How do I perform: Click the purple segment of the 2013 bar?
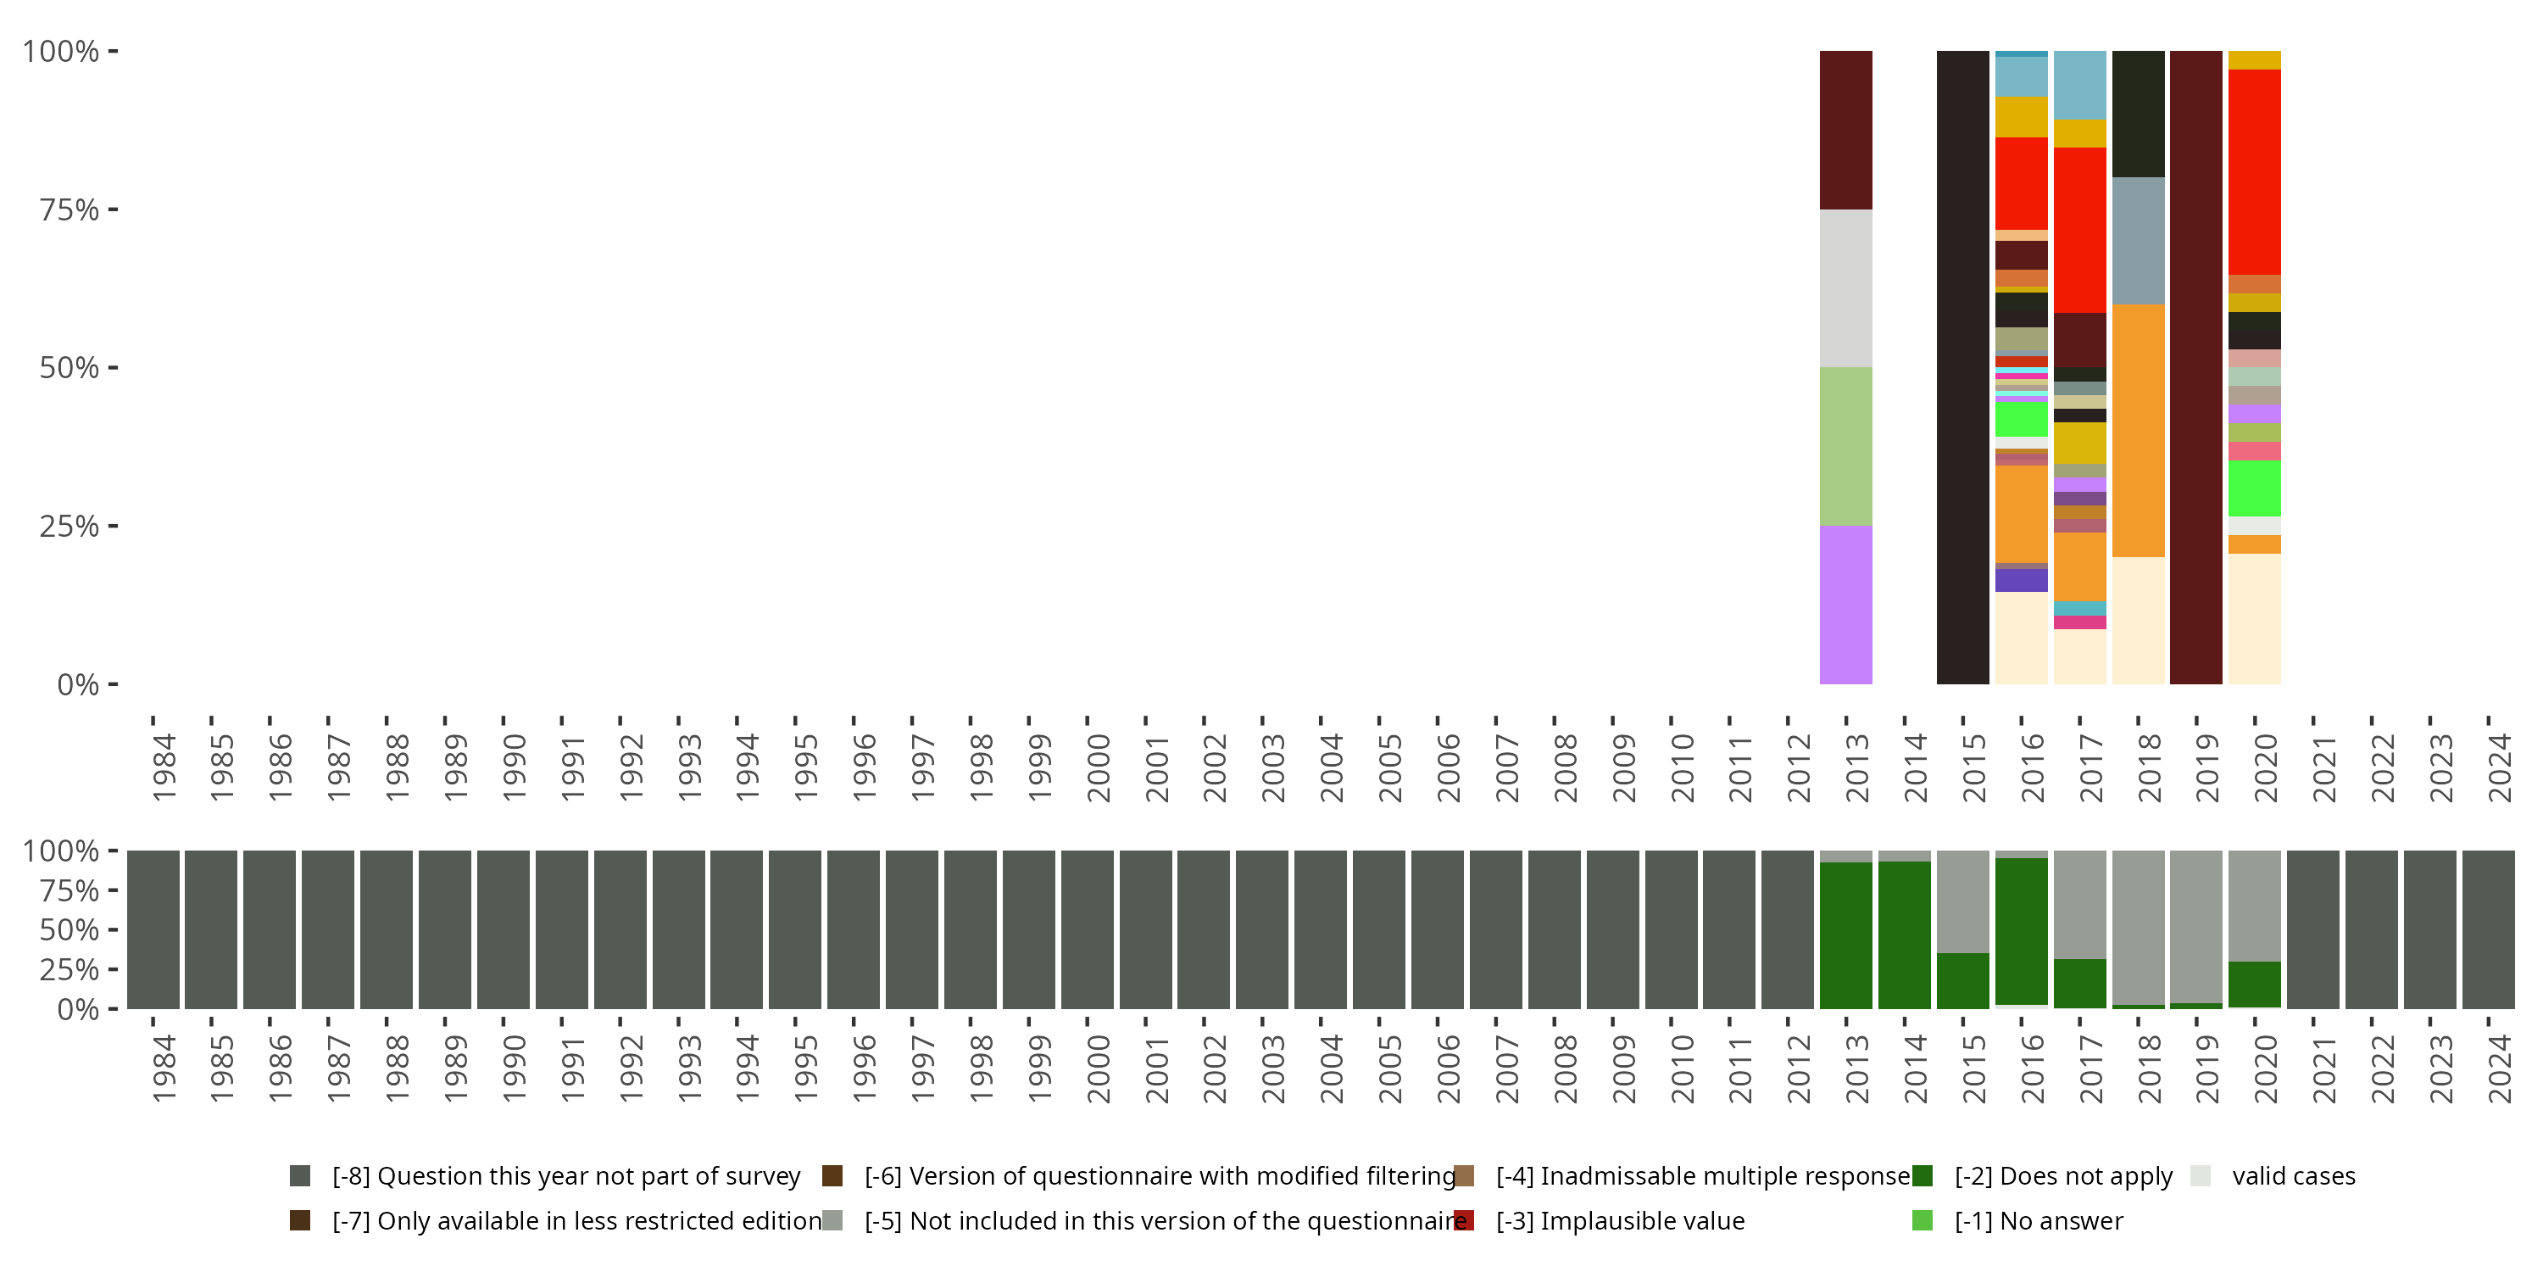coord(1845,605)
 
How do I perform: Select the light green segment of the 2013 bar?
coord(1845,446)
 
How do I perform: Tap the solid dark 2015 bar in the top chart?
coord(1962,367)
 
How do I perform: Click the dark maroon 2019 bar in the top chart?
coord(2195,367)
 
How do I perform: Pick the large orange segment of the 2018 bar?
coord(2139,431)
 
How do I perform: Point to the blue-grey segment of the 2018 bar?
coord(2139,241)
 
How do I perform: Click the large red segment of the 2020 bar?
coord(2254,172)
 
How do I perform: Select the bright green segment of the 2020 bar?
coord(2254,488)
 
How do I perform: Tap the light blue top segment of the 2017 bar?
coord(2079,85)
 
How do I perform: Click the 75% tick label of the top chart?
coord(70,209)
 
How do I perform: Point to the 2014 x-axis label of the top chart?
coord(1915,767)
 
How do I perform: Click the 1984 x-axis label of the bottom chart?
coord(164,1068)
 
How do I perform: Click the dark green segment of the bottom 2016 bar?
coord(2021,930)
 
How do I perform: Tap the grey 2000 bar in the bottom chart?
coord(1087,930)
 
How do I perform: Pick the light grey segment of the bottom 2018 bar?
coord(2139,926)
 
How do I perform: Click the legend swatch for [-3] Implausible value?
coord(1464,1220)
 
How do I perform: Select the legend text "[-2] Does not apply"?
coord(2063,1176)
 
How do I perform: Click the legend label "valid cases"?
coord(2293,1176)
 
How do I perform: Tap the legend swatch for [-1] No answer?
coord(1922,1220)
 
